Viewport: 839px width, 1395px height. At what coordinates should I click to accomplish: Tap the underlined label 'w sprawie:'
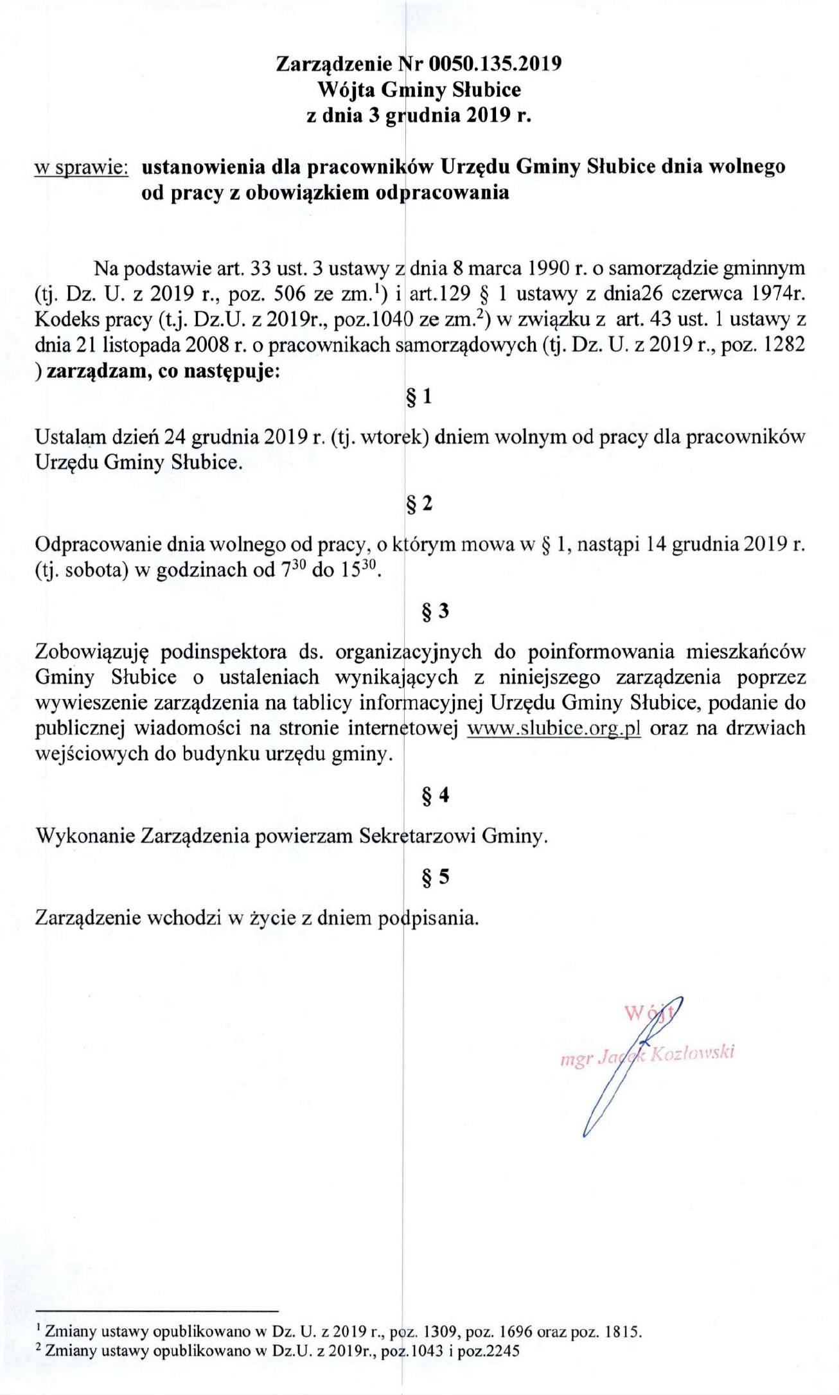82,167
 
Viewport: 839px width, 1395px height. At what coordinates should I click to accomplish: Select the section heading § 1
419,397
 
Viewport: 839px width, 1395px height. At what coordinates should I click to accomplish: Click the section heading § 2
419,503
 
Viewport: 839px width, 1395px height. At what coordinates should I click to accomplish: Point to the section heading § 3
435,610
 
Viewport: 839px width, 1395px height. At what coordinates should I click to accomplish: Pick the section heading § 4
435,796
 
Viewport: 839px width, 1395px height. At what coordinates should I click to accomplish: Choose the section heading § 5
435,877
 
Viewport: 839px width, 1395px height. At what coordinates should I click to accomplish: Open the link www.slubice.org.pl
553,729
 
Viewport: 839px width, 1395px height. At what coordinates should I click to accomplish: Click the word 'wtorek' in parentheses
393,438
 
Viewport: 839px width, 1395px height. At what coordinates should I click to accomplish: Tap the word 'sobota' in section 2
94,570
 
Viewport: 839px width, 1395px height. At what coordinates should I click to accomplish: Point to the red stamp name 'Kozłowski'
693,1054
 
